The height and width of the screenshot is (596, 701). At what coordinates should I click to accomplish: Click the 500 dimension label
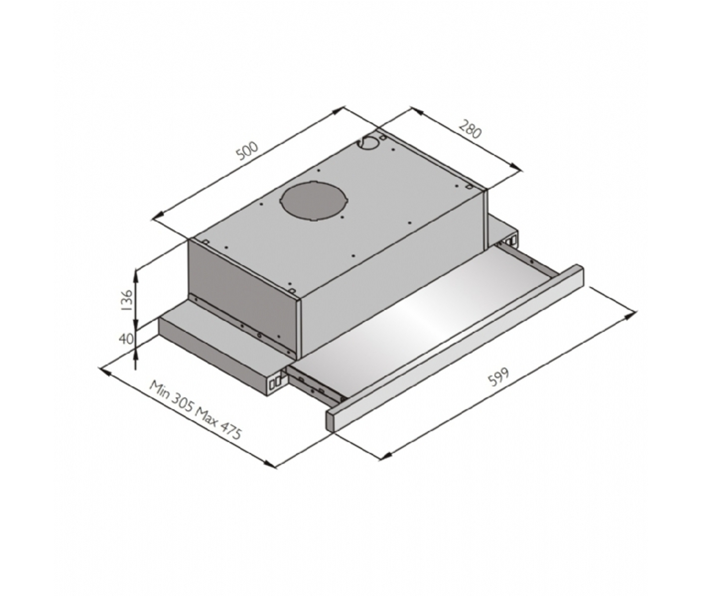(247, 151)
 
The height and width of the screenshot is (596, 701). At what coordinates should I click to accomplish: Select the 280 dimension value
(470, 129)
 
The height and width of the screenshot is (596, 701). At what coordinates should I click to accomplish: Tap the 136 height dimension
(127, 300)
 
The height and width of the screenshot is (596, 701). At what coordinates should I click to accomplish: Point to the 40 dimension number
(126, 339)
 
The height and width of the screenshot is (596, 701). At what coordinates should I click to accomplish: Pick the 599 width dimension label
(499, 377)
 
